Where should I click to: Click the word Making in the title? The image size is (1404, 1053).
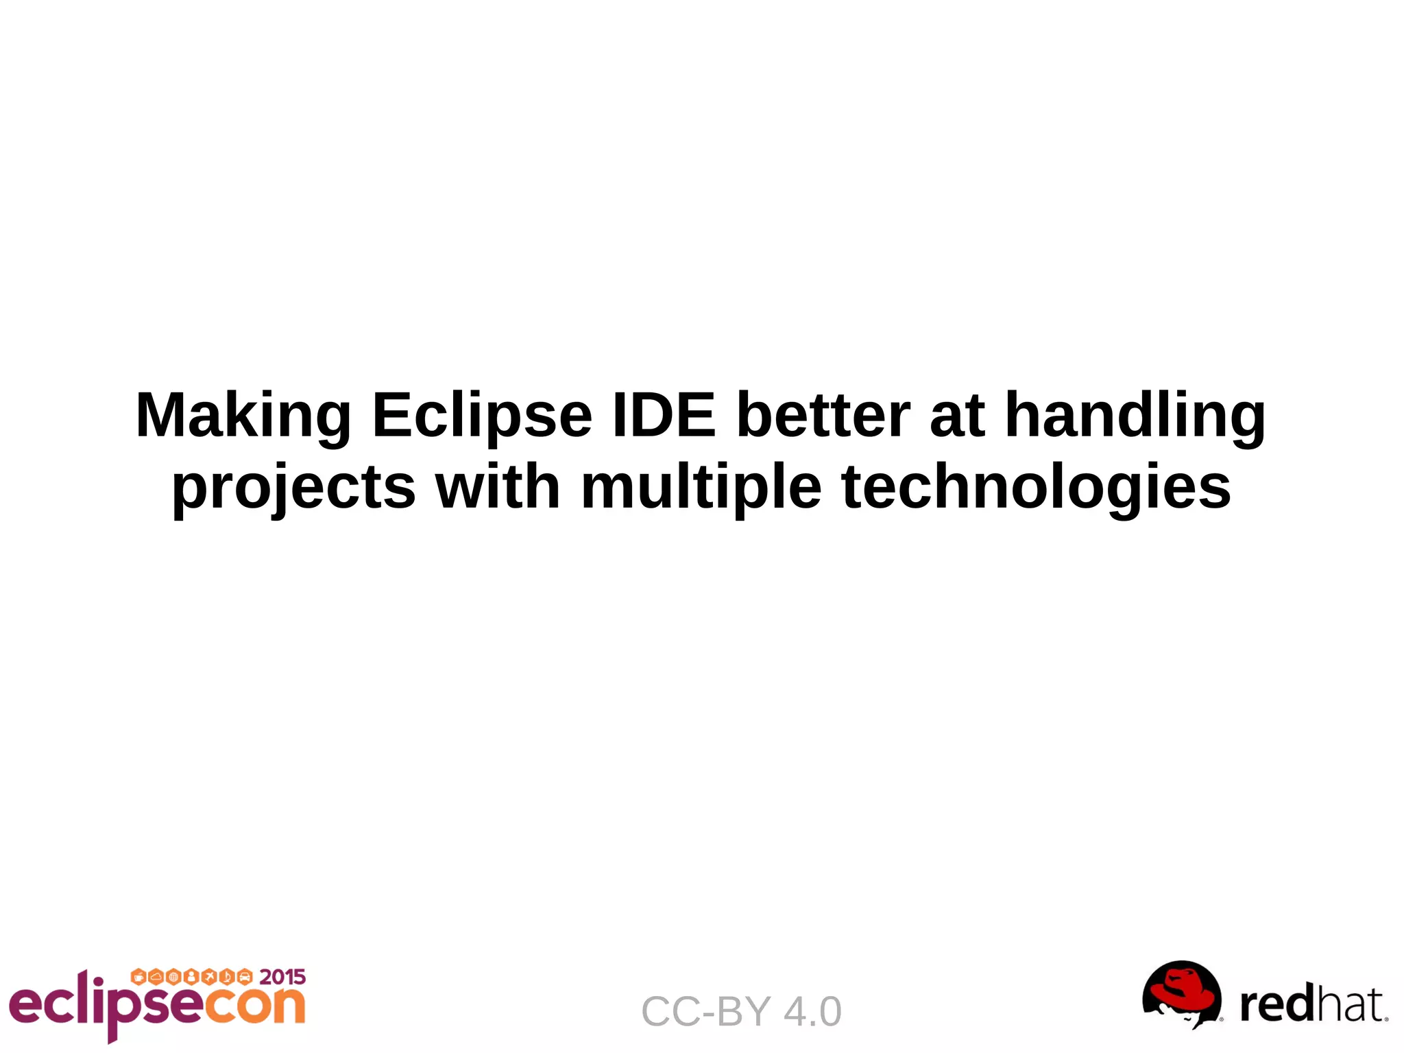243,416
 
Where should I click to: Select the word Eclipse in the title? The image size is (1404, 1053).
481,416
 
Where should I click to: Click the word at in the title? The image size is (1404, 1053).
957,416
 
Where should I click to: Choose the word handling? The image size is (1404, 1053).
1135,416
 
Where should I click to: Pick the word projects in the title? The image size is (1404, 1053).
293,488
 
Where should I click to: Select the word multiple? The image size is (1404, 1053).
701,488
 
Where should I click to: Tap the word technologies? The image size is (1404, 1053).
1036,488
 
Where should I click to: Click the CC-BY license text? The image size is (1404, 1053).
706,1012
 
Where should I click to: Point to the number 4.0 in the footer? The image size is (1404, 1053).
812,1012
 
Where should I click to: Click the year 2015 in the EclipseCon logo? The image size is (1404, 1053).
282,977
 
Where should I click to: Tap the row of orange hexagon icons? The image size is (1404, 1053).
192,976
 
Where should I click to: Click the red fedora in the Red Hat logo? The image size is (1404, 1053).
1182,987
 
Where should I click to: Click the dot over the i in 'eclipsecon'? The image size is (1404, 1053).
99,982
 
